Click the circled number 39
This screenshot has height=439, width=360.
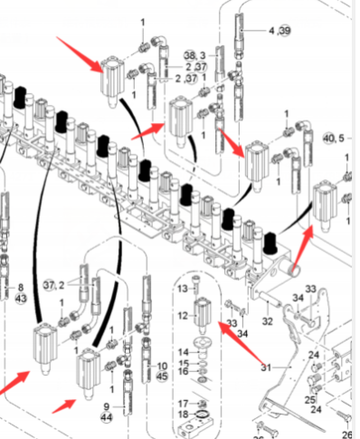click(x=285, y=31)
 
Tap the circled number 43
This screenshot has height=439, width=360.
click(x=21, y=299)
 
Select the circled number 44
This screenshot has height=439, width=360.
click(x=107, y=417)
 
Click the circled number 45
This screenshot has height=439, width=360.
click(x=162, y=377)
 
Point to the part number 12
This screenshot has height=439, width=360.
click(x=183, y=316)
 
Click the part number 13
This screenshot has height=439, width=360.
click(x=183, y=289)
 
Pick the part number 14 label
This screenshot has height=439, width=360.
click(x=184, y=352)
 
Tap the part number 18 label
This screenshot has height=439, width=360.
click(x=184, y=415)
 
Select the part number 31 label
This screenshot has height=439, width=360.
click(x=266, y=367)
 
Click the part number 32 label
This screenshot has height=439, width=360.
click(x=268, y=321)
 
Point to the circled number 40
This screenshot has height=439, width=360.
click(x=329, y=138)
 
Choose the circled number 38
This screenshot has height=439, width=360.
click(x=190, y=55)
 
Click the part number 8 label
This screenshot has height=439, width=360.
click(x=21, y=287)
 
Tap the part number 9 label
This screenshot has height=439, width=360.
click(x=107, y=406)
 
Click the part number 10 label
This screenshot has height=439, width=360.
click(x=162, y=366)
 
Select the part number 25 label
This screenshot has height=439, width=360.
click(x=309, y=400)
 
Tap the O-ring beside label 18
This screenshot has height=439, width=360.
click(x=203, y=415)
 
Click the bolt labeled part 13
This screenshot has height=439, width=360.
click(x=196, y=285)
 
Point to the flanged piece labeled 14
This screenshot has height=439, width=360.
click(x=203, y=346)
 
